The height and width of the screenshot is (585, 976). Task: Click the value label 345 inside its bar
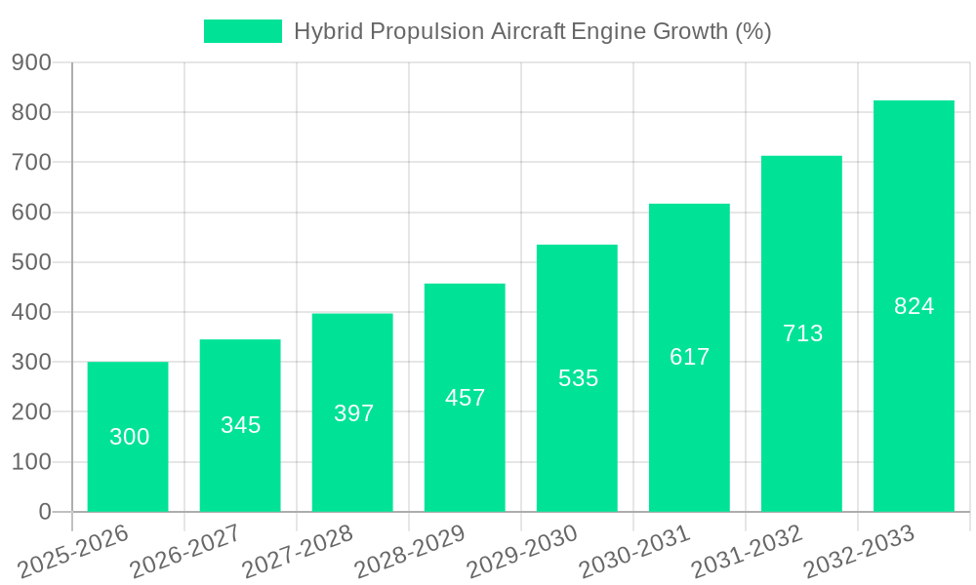tap(240, 425)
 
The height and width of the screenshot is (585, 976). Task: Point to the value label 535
tap(578, 378)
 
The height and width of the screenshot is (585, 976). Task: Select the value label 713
tap(802, 333)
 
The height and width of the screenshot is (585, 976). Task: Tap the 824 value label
tap(914, 306)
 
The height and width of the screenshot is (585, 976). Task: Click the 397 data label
tap(353, 413)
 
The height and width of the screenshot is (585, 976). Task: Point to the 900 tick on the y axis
tap(31, 62)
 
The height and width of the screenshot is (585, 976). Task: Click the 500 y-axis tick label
tap(31, 262)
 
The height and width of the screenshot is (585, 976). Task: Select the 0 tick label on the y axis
tap(44, 512)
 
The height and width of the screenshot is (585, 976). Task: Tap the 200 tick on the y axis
tap(31, 411)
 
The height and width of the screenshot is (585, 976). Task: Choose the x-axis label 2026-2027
tap(185, 552)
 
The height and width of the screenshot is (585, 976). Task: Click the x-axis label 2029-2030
tap(522, 552)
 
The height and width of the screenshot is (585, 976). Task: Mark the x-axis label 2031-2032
tap(747, 552)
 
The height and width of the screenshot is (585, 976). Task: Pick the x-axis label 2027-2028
tap(298, 552)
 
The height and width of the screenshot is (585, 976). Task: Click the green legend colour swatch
tap(243, 31)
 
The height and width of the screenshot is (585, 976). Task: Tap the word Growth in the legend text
tap(689, 31)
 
